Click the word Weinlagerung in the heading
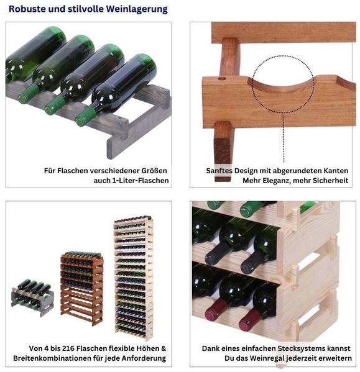(x=137, y=9)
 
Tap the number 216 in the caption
(x=68, y=348)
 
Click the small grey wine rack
(x=33, y=297)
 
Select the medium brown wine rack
(x=82, y=288)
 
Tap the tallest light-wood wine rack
(x=134, y=277)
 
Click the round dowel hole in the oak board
(x=222, y=78)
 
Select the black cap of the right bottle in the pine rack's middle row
(x=251, y=263)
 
